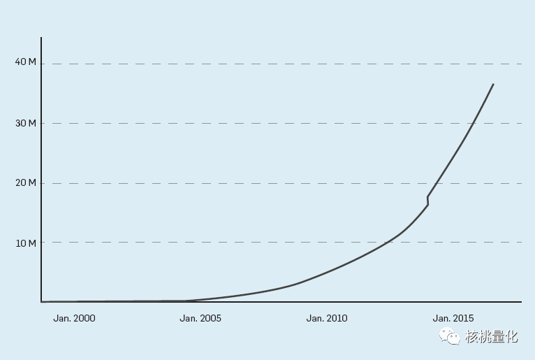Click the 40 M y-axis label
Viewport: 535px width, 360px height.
pos(25,62)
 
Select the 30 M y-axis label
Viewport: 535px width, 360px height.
pos(25,123)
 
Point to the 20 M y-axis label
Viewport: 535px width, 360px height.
pos(25,182)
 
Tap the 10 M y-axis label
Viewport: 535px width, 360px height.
pos(25,243)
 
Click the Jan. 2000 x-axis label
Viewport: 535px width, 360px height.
pos(74,318)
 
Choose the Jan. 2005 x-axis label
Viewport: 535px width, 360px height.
pos(200,318)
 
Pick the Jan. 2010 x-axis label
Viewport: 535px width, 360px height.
pos(327,318)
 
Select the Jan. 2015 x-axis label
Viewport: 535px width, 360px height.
pos(453,318)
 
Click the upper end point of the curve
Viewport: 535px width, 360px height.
pos(493,84)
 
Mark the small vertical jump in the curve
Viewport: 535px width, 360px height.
pos(427,201)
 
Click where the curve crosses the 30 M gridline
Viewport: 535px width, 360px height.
pos(474,123)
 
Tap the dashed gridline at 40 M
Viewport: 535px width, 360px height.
pos(279,64)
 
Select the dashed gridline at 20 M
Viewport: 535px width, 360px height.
pos(279,183)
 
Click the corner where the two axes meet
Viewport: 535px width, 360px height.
pos(41,302)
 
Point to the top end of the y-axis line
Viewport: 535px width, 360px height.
pos(41,38)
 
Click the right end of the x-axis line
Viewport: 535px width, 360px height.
pos(521,302)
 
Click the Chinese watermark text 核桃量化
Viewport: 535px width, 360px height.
pos(492,337)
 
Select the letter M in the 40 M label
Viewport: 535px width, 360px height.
pos(31,62)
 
